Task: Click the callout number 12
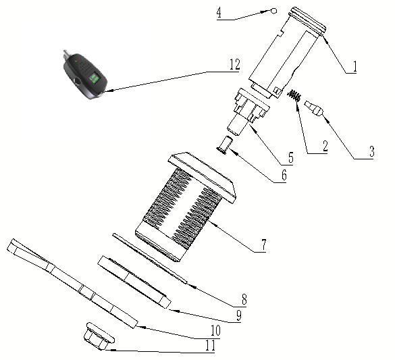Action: [x=235, y=64]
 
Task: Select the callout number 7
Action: [x=263, y=245]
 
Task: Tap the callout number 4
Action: [x=219, y=13]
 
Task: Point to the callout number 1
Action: [x=354, y=66]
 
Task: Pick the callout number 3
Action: [x=371, y=151]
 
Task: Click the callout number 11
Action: [x=211, y=345]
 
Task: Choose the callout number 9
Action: [x=239, y=315]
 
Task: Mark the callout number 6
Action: [x=284, y=175]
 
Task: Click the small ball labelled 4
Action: [x=273, y=11]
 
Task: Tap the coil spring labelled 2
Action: [x=294, y=95]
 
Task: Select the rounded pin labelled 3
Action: [x=314, y=108]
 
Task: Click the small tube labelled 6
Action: [x=223, y=145]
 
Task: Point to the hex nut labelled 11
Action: [x=99, y=336]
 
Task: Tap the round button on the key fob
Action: [x=77, y=81]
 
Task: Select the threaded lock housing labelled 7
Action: [x=186, y=207]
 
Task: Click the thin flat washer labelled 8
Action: [x=150, y=258]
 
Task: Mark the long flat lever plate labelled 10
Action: [x=72, y=284]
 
